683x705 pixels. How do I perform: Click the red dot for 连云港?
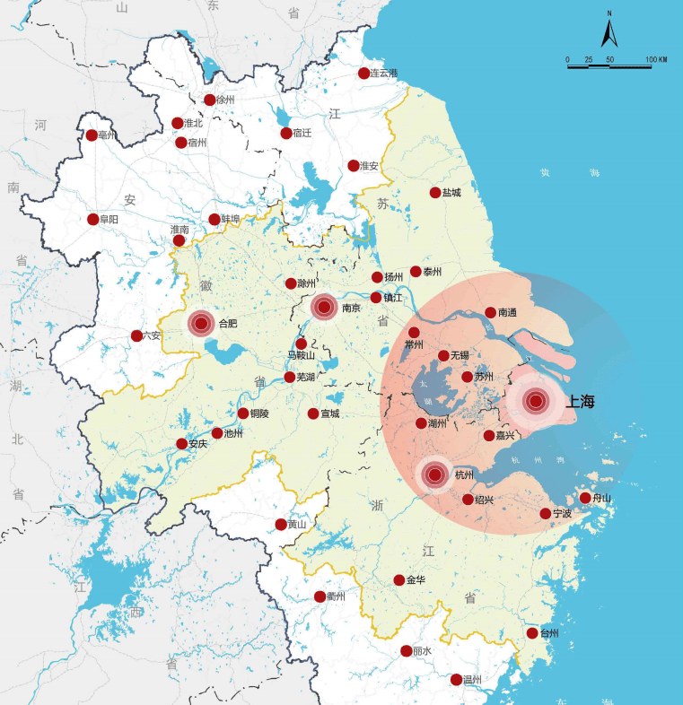(x=364, y=74)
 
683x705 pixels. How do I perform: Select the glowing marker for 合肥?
(x=201, y=323)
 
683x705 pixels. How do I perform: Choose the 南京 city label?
(x=351, y=309)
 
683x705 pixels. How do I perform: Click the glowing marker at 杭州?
(x=436, y=474)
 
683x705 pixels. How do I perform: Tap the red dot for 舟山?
(x=585, y=498)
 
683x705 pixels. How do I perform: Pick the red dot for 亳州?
(x=92, y=136)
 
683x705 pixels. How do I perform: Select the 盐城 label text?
(x=451, y=193)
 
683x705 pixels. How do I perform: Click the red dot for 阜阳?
(x=92, y=219)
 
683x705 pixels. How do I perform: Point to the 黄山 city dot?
(x=281, y=525)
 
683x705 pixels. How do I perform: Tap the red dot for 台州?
(x=532, y=633)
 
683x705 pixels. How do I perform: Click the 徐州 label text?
(x=225, y=100)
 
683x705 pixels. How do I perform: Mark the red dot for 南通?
(x=490, y=313)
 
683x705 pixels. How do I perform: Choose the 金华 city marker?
(x=399, y=580)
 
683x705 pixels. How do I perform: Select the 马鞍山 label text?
(x=302, y=356)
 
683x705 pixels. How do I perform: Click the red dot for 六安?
(x=136, y=336)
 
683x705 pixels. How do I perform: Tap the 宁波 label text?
(x=562, y=514)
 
